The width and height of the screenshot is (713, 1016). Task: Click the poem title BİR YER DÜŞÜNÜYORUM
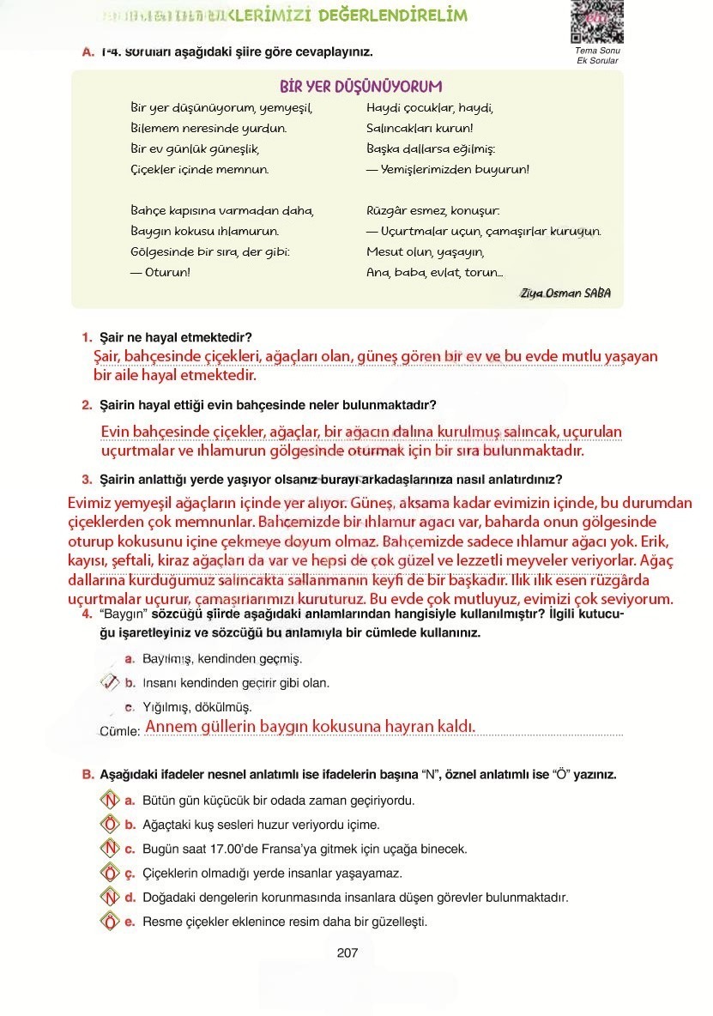pos(360,87)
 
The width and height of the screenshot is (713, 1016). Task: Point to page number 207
pos(347,952)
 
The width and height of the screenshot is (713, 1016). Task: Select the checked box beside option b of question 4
pos(110,683)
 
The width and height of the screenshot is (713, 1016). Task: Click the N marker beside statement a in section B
pos(109,801)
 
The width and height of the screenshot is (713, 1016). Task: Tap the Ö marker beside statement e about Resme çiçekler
pos(109,922)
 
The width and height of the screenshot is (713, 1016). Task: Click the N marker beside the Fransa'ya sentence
pos(109,849)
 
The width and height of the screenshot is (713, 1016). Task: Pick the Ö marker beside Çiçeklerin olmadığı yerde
pos(109,874)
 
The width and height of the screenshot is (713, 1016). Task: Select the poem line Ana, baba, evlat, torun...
pos(434,272)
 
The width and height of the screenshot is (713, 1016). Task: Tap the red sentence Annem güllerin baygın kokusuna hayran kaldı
pos(310,727)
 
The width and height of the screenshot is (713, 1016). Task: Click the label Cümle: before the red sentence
pos(120,731)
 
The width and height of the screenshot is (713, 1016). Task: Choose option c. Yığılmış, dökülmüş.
pos(196,707)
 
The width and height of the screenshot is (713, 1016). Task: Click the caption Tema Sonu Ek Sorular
pos(597,56)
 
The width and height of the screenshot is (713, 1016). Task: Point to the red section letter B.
pos(88,774)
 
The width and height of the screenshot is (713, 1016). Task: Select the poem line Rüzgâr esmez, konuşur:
pos(432,210)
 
